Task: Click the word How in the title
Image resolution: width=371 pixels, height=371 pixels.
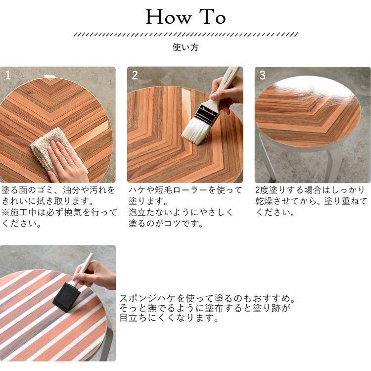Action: [x=169, y=17]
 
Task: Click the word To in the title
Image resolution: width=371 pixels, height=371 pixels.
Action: [x=213, y=17]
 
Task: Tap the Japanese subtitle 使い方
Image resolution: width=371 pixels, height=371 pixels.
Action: [x=185, y=47]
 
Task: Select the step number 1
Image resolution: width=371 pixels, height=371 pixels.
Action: [x=8, y=75]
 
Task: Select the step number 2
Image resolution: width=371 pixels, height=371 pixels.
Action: [x=135, y=75]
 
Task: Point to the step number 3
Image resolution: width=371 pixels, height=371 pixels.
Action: [x=262, y=75]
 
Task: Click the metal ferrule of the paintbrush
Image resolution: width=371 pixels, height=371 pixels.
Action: [x=207, y=114]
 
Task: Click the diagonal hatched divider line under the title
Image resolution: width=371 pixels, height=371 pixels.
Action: [x=185, y=35]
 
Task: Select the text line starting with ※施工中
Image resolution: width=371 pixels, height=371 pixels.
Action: [x=59, y=212]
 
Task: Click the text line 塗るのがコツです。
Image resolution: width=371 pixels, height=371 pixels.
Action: [x=166, y=224]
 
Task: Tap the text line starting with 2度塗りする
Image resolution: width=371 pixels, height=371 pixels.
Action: [x=310, y=190]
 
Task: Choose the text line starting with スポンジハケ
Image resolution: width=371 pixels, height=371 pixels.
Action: [x=207, y=299]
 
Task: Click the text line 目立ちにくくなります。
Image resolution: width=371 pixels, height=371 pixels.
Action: [x=169, y=318]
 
